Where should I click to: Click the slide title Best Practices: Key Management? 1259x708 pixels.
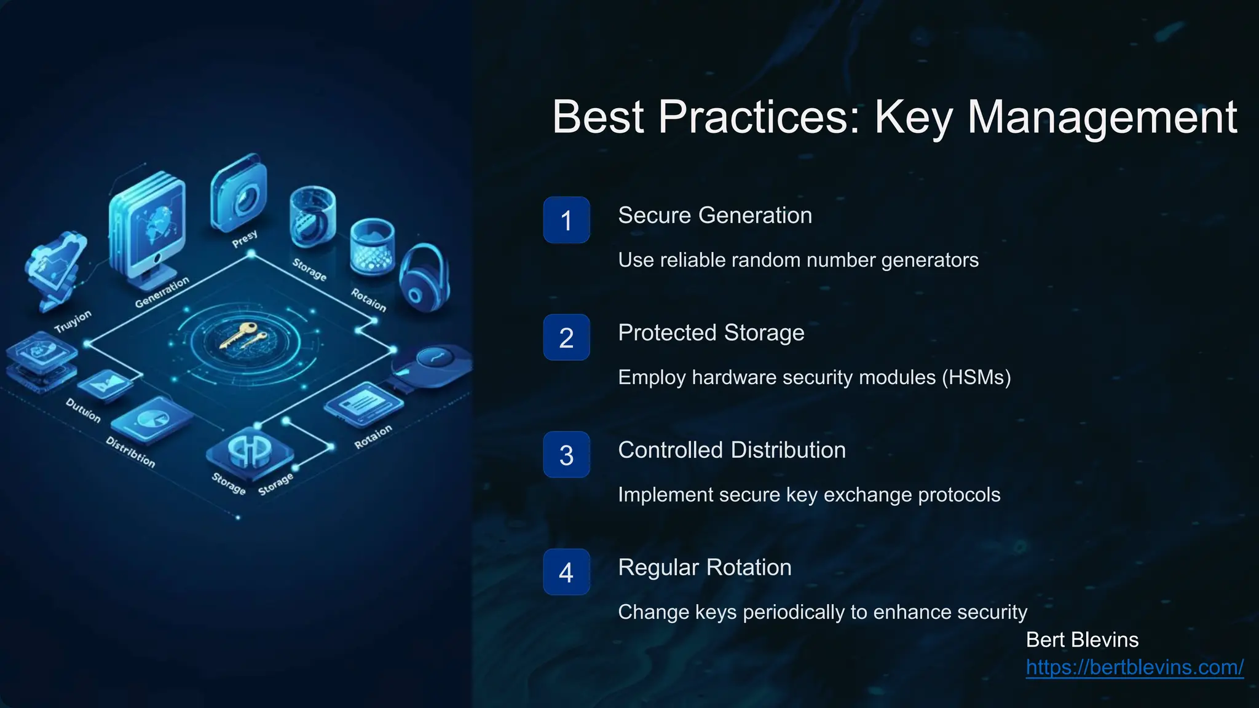pos(894,117)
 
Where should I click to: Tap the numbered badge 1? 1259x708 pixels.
pos(566,220)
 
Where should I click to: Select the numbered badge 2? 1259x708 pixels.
pos(566,337)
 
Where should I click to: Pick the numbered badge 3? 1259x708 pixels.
pos(566,455)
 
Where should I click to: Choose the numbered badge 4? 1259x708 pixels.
pos(566,572)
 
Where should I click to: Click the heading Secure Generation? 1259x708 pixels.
pos(715,216)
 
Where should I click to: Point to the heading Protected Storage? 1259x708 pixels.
pos(711,332)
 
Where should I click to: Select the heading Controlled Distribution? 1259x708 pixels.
pos(732,450)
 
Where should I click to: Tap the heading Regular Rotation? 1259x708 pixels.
pos(704,567)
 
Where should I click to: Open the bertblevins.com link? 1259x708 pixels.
pos(1134,667)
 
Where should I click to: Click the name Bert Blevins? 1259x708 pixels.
pos(1082,640)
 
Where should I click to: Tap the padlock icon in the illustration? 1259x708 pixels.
pos(424,278)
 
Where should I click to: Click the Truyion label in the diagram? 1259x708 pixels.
pos(73,321)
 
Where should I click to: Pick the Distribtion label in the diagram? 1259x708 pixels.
pos(130,452)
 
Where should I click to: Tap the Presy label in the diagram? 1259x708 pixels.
pos(245,239)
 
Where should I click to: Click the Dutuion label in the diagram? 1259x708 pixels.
pos(83,410)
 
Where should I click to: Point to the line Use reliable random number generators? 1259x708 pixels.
pos(798,260)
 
